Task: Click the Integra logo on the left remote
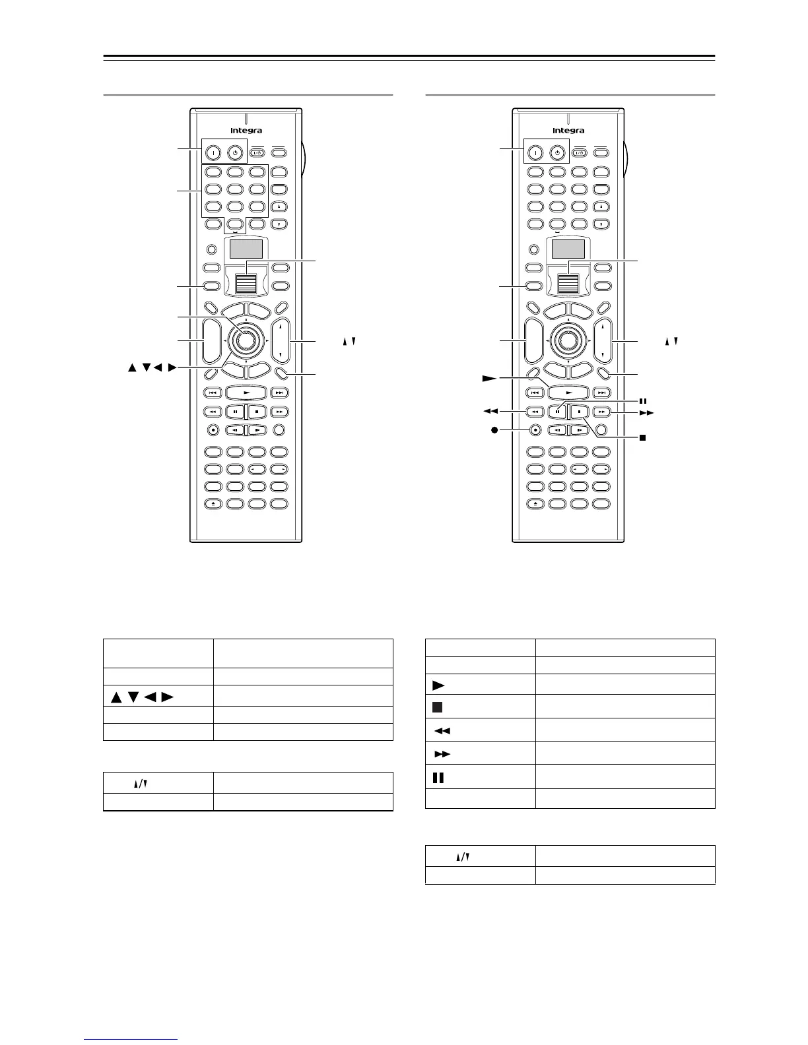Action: pos(246,131)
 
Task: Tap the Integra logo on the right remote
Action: pos(568,131)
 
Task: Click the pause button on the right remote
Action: pos(558,412)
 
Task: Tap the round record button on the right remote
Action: pos(535,429)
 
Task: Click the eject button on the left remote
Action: pos(213,504)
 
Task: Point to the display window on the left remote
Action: pos(246,249)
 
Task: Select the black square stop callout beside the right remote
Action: pos(642,437)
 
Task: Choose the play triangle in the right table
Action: pos(438,683)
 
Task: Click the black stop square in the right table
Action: pos(438,707)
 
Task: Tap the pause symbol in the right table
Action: pos(438,777)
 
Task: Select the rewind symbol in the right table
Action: pos(442,730)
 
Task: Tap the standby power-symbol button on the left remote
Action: pos(234,152)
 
